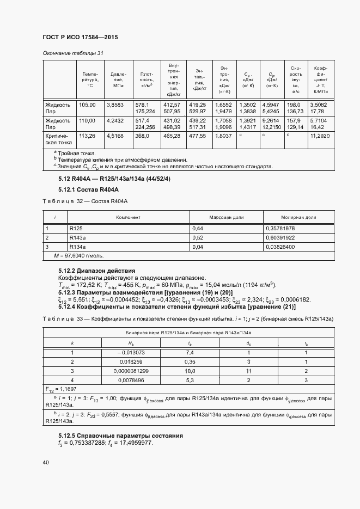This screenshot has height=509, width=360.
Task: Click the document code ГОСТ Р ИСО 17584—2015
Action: coord(80,37)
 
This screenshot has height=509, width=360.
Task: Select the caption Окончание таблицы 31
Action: coord(73,53)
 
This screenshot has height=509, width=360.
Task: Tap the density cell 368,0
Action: coord(142,136)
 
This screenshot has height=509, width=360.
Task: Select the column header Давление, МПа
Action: coord(118,79)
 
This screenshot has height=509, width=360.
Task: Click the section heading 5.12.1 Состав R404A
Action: coord(88,189)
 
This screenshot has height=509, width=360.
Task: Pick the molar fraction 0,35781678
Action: coord(279,229)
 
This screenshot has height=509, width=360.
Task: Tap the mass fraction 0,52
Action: coord(197,237)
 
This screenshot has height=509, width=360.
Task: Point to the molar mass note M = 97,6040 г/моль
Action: coord(79,255)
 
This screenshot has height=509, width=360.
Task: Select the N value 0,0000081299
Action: coord(131,370)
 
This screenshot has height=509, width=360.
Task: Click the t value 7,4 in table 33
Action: coord(190,353)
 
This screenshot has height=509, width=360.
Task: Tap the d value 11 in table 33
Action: coord(248,370)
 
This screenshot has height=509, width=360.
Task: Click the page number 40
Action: coord(46,463)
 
